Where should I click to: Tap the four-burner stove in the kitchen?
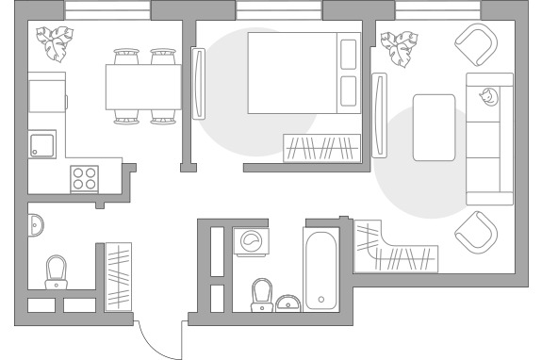(x=85, y=177)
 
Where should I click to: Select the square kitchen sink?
(x=42, y=145)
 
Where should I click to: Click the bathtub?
(x=321, y=270)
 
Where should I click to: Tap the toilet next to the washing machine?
(x=261, y=293)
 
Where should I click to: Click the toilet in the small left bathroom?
(x=57, y=271)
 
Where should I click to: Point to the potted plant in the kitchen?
(x=55, y=41)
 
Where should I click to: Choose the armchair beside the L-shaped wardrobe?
(x=475, y=230)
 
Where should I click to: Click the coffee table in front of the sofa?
(x=434, y=126)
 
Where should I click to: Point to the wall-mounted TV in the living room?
(x=380, y=117)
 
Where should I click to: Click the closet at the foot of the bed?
(x=322, y=148)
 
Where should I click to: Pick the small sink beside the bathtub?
(x=289, y=303)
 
